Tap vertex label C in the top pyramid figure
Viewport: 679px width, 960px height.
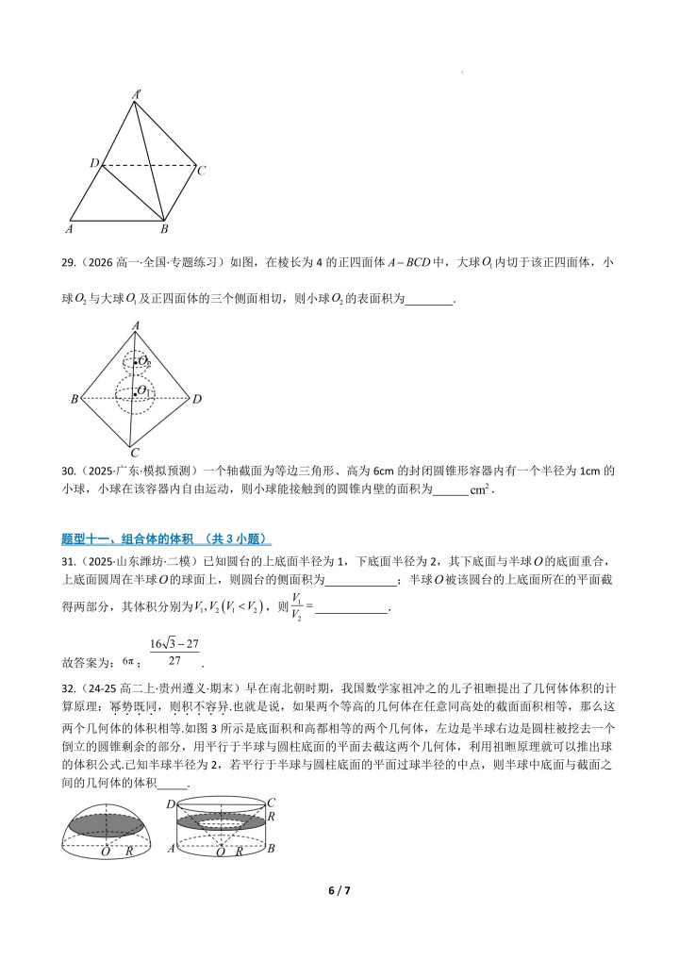[x=201, y=171]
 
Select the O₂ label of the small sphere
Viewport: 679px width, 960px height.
[x=145, y=361]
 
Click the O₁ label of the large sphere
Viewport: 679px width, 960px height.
[x=144, y=390]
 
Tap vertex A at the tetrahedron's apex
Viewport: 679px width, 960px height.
[x=137, y=326]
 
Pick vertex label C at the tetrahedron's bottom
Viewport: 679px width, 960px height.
[x=135, y=452]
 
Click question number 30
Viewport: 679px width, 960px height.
[x=68, y=471]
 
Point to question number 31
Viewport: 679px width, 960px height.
[x=68, y=563]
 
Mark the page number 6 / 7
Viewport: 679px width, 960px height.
[x=339, y=890]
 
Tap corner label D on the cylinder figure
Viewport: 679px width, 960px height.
[x=170, y=803]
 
